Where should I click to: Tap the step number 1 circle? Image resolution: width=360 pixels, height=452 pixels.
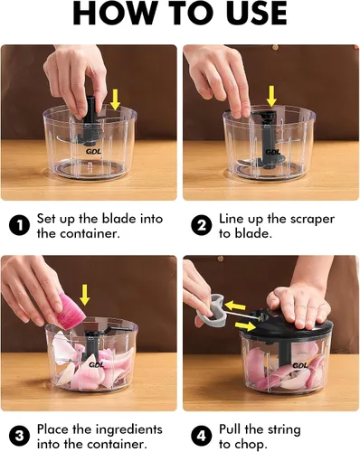click(19, 226)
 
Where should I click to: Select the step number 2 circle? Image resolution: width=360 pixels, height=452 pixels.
click(202, 226)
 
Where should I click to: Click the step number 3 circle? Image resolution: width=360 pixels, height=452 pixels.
click(19, 437)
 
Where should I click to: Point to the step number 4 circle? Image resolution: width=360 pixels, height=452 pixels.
click(202, 437)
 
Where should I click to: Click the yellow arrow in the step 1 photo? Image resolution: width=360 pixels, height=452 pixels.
click(115, 99)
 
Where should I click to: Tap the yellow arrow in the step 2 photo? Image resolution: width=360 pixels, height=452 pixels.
click(272, 96)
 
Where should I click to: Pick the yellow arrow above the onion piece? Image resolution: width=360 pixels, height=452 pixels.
click(85, 296)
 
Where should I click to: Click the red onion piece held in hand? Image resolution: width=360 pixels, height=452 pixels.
click(71, 311)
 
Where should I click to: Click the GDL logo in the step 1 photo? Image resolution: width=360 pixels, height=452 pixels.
click(93, 151)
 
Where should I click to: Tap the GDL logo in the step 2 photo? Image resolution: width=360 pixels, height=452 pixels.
click(272, 152)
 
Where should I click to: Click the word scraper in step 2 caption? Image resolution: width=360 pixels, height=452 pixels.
click(312, 220)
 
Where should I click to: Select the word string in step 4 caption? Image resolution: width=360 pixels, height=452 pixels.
click(281, 429)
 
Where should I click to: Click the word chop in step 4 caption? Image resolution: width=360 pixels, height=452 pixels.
click(251, 445)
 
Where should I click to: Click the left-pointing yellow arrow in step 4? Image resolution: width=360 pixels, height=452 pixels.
click(235, 306)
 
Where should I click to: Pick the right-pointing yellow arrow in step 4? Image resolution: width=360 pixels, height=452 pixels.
click(245, 325)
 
